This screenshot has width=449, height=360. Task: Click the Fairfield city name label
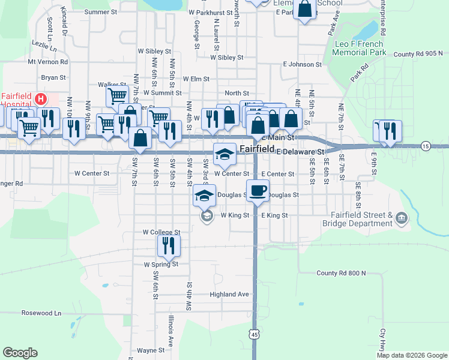tap(258, 149)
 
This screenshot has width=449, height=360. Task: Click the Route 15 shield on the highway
tap(426, 146)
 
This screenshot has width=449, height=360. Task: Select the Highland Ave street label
tap(229, 295)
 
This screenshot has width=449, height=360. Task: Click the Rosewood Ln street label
tap(41, 313)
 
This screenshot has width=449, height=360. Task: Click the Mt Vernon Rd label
tap(48, 61)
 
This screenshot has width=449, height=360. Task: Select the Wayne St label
tap(151, 350)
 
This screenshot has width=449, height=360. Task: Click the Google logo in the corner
tap(20, 353)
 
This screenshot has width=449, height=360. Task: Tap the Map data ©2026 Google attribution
tap(412, 355)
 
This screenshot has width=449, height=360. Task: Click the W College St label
tap(161, 232)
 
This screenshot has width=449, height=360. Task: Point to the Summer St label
tap(101, 11)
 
